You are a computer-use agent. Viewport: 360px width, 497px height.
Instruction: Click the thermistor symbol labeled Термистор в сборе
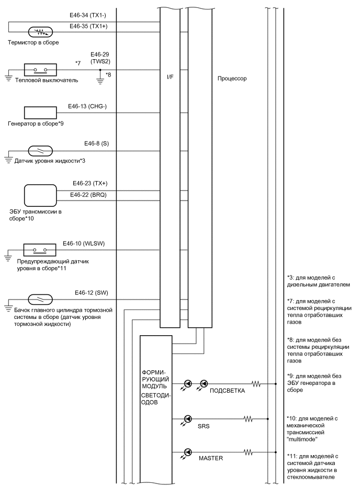tap(38, 31)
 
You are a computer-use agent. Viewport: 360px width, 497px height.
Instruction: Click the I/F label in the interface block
tap(171, 79)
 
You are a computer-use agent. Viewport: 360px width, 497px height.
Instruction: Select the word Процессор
tap(232, 79)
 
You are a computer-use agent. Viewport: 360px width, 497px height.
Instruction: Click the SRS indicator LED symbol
tap(187, 419)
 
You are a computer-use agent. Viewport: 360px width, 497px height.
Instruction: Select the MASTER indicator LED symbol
tap(187, 451)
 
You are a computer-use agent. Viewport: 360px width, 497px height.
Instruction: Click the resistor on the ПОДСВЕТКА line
tap(256, 383)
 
